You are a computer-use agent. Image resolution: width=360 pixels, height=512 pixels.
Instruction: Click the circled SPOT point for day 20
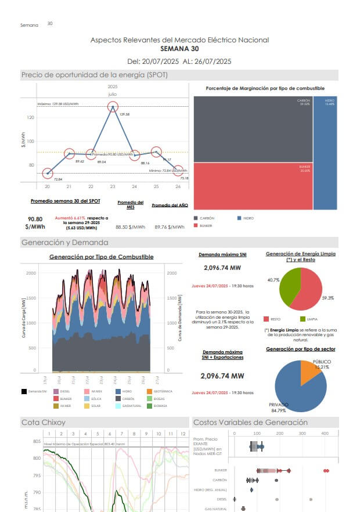click(48, 173)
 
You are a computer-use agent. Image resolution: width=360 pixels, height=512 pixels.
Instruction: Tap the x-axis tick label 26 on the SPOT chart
click(178, 186)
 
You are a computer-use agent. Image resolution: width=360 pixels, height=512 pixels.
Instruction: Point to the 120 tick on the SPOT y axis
click(31, 117)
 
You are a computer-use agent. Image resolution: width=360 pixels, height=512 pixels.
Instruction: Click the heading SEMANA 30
click(179, 49)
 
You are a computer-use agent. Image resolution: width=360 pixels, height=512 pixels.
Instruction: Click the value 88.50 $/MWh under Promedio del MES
click(129, 228)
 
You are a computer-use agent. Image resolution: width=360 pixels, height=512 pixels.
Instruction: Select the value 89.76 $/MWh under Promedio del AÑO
click(169, 228)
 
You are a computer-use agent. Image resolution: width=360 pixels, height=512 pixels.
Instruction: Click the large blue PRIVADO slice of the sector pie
click(296, 386)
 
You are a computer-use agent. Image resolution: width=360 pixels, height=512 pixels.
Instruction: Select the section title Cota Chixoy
click(44, 422)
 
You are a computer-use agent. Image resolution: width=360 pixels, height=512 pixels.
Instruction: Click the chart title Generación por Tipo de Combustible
click(101, 257)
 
